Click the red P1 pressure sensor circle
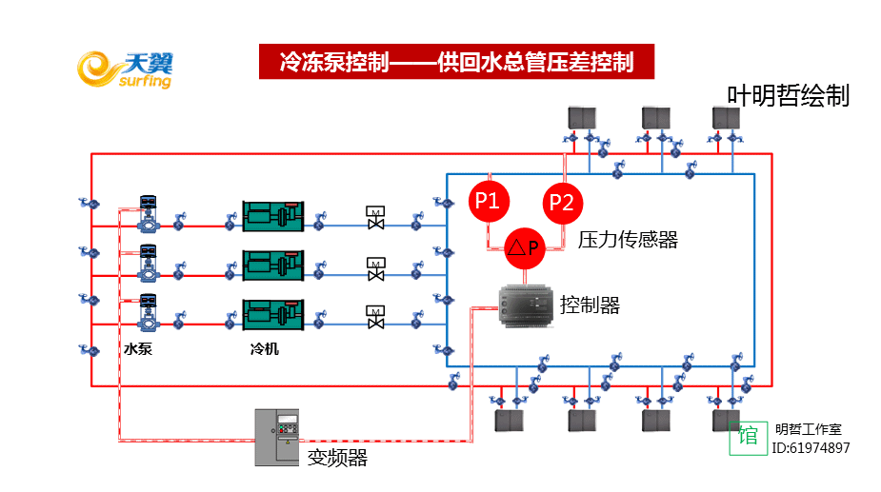coord(489,201)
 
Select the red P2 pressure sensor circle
coord(562,202)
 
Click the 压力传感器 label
coord(628,240)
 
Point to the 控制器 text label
coord(590,305)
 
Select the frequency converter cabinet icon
coord(277,438)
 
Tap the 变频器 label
coord(337,458)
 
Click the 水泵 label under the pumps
coord(138,349)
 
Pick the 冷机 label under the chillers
coord(264,349)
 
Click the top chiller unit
coord(272,216)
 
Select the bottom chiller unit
coord(272,315)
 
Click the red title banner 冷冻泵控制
coord(457,63)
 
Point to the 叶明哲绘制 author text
coord(788,96)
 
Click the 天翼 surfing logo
coord(125,69)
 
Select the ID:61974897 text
coord(811,448)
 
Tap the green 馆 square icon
coord(748,437)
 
